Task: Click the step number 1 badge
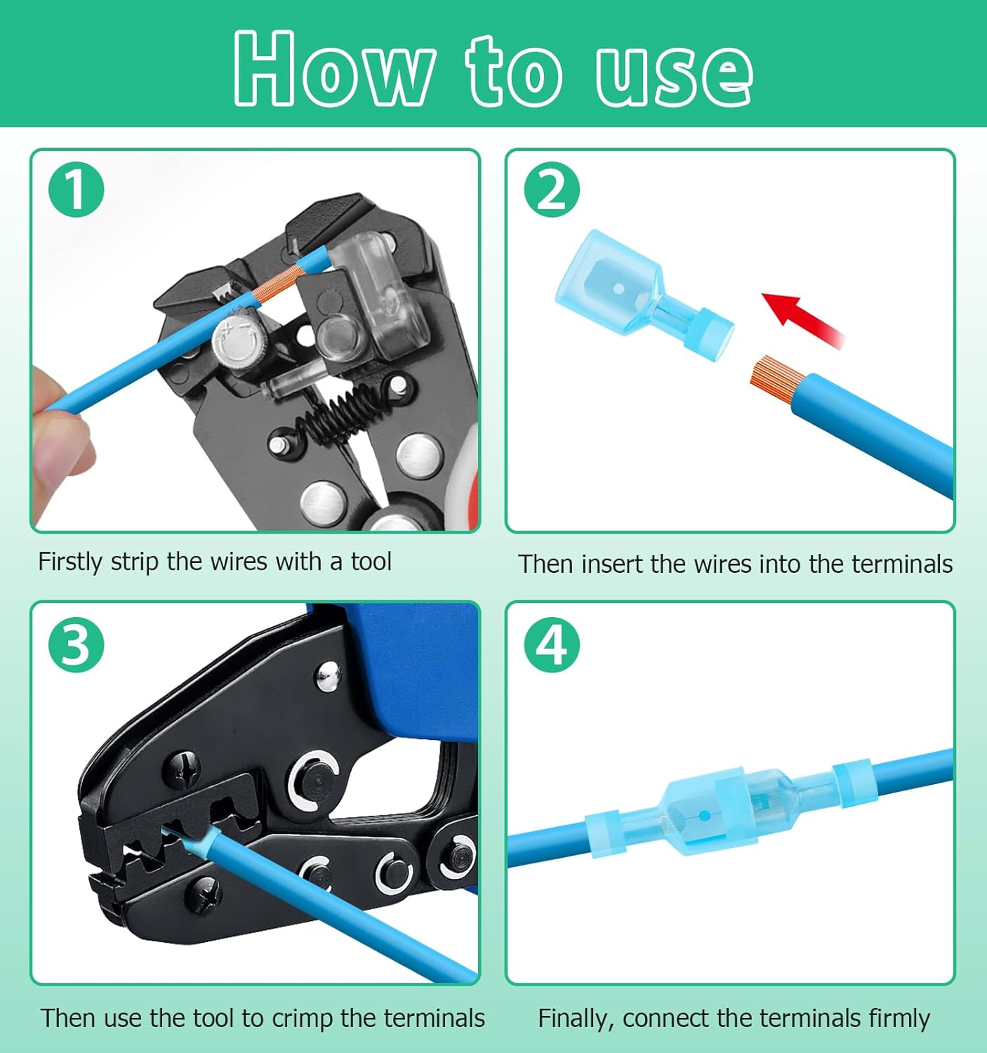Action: pyautogui.click(x=76, y=190)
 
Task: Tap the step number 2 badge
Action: pyautogui.click(x=552, y=190)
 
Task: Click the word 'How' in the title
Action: pyautogui.click(x=332, y=69)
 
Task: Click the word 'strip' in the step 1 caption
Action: pyautogui.click(x=134, y=562)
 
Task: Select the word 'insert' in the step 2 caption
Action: pyautogui.click(x=612, y=564)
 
